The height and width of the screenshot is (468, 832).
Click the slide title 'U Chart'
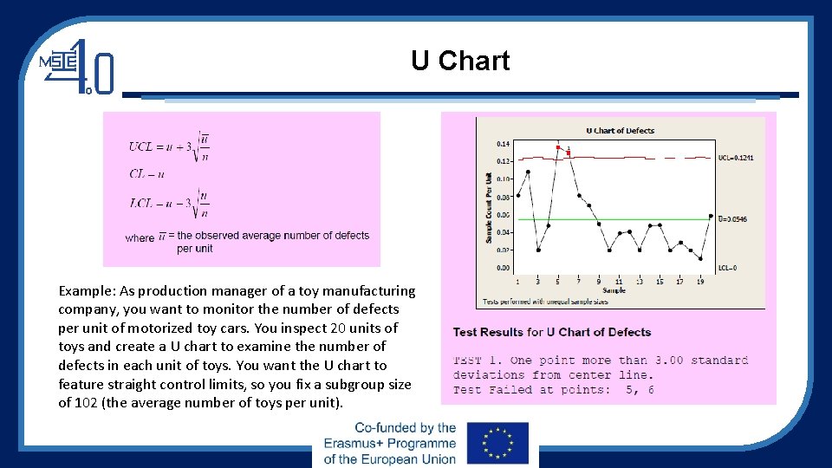click(x=460, y=62)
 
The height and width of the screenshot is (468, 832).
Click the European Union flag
click(x=497, y=443)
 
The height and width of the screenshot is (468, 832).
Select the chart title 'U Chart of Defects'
click(x=620, y=131)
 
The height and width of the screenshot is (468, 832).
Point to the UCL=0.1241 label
click(x=735, y=158)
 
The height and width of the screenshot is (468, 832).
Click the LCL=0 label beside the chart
click(x=727, y=268)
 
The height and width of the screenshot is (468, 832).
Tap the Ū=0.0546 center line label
click(x=732, y=219)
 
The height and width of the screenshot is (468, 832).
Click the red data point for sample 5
click(x=557, y=147)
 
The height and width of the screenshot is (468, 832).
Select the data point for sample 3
click(x=538, y=250)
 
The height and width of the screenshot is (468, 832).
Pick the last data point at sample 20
click(x=710, y=216)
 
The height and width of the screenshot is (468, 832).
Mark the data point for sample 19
click(x=700, y=258)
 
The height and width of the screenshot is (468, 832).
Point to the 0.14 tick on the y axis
click(x=503, y=144)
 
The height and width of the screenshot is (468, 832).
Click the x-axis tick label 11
click(x=619, y=282)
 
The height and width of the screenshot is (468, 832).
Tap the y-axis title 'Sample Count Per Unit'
click(x=489, y=207)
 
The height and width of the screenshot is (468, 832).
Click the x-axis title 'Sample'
click(x=614, y=290)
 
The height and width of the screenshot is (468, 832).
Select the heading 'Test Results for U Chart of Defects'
click(x=551, y=332)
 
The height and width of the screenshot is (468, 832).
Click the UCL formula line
click(x=169, y=146)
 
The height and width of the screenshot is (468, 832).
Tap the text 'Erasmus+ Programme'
click(x=389, y=443)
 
